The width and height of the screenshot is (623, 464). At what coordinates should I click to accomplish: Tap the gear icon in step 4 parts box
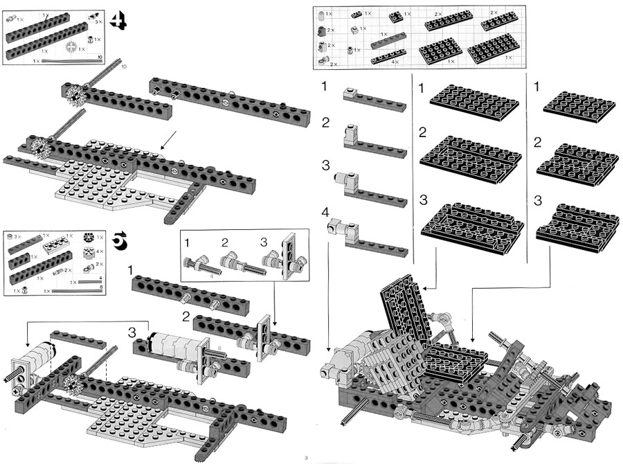pyautogui.click(x=71, y=47)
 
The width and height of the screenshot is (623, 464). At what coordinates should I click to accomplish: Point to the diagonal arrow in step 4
pyautogui.click(x=166, y=141)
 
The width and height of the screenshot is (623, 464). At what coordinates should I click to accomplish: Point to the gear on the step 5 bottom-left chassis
pyautogui.click(x=69, y=383)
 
